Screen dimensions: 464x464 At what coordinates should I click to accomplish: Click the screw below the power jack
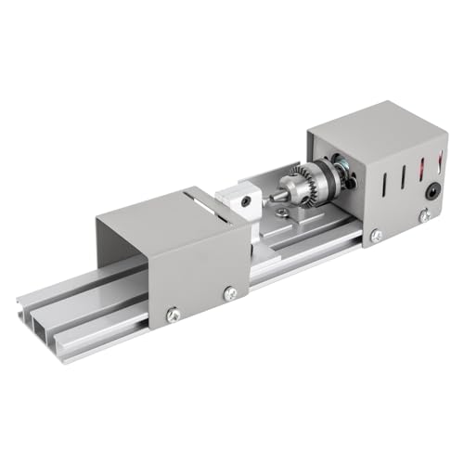click(x=423, y=216)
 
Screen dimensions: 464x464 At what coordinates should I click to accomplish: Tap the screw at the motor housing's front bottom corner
click(x=376, y=236)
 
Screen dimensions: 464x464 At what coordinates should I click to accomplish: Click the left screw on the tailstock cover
click(x=174, y=316)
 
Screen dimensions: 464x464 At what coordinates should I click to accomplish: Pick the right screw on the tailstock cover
click(x=230, y=293)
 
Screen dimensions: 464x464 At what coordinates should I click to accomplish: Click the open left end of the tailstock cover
click(x=116, y=255)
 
